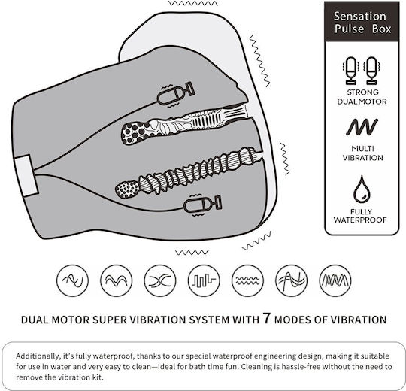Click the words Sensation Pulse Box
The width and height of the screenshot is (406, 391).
[362, 23]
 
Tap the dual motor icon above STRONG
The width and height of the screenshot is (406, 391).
[362, 71]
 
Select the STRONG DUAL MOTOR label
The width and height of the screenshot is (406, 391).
[362, 97]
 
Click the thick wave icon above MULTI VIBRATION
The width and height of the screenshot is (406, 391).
[362, 127]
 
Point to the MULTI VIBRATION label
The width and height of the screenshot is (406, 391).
[362, 153]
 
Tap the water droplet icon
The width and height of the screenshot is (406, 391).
[362, 189]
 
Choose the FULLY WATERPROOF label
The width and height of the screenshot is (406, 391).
[360, 216]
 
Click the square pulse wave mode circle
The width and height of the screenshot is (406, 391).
[204, 280]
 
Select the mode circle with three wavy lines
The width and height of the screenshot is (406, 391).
[247, 280]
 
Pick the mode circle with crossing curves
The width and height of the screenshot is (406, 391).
[160, 280]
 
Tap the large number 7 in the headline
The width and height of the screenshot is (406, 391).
[266, 318]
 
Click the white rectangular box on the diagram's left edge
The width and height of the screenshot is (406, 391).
[26, 175]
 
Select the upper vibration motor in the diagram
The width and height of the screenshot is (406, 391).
[175, 94]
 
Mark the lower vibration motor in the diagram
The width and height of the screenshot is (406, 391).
[202, 205]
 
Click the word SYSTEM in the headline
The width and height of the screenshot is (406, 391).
[209, 320]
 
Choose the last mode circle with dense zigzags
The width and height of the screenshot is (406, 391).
[335, 280]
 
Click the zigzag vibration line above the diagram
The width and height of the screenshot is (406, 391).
[193, 3]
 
